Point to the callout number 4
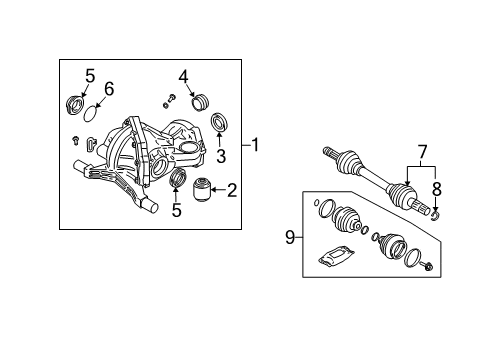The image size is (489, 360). click(184, 76)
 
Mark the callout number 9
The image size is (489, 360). click(291, 237)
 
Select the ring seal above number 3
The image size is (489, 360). click(221, 124)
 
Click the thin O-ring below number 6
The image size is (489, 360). click(92, 110)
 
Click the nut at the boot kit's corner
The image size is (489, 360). click(428, 266)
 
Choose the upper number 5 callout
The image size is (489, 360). click(89, 75)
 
